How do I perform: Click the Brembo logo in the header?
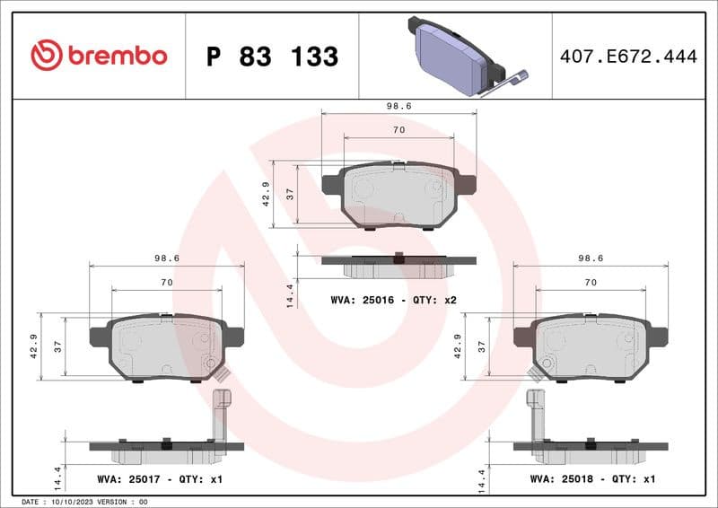click(x=99, y=56)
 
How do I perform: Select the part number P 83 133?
click(x=272, y=57)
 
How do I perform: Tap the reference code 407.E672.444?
click(x=627, y=57)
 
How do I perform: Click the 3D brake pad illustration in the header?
click(x=455, y=57)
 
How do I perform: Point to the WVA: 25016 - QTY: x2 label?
click(x=394, y=299)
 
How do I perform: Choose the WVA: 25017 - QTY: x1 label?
click(x=160, y=479)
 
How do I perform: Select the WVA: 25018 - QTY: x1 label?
click(x=593, y=479)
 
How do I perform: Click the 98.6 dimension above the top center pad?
click(x=398, y=105)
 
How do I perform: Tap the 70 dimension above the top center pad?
click(x=398, y=130)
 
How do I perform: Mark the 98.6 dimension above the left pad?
click(x=167, y=258)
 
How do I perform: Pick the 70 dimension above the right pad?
click(x=591, y=282)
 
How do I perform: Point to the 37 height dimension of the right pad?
click(x=482, y=346)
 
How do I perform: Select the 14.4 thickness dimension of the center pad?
click(x=290, y=295)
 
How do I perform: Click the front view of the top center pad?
click(x=398, y=196)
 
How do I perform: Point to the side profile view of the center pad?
click(x=398, y=264)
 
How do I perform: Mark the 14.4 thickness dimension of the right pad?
click(x=482, y=480)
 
